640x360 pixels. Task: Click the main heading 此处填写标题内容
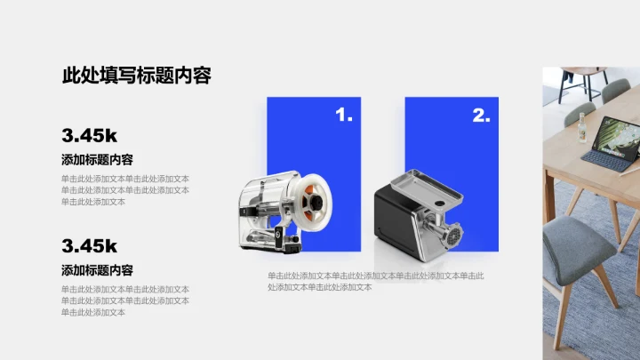(137, 76)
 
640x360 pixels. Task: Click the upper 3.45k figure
(90, 135)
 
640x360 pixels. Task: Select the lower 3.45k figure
(90, 246)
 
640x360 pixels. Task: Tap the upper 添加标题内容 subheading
(97, 160)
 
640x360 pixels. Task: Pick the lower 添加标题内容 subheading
(97, 270)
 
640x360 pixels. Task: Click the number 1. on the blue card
(344, 115)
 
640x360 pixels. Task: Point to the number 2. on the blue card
(481, 115)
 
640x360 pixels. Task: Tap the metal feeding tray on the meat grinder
(427, 188)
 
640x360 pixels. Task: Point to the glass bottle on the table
(582, 128)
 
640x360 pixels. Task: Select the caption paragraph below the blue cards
(376, 281)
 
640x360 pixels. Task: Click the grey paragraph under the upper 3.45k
(125, 190)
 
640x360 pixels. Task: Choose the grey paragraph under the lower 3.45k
(125, 300)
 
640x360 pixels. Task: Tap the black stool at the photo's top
(582, 83)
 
